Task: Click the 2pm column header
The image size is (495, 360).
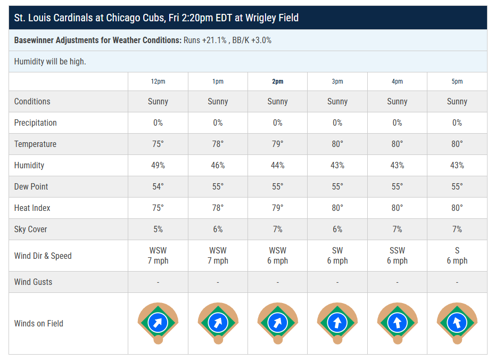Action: (x=277, y=81)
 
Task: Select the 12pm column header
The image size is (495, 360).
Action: (x=158, y=81)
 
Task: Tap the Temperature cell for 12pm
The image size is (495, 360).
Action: (x=158, y=144)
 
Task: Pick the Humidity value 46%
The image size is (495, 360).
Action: (x=218, y=165)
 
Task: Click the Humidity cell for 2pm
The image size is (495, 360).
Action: (x=277, y=165)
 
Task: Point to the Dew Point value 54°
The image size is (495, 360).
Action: (x=158, y=186)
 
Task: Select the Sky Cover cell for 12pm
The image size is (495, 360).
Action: (x=158, y=229)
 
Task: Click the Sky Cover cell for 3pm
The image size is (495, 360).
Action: (x=337, y=229)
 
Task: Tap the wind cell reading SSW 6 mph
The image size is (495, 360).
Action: (x=397, y=256)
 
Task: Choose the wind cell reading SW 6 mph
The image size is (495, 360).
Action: (x=337, y=256)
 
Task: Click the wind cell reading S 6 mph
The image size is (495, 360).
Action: (x=457, y=256)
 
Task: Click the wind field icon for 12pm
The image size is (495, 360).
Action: (x=158, y=322)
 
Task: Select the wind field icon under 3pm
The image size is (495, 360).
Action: (x=337, y=322)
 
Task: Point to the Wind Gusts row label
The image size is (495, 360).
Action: (x=33, y=282)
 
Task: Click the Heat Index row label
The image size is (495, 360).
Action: (x=32, y=208)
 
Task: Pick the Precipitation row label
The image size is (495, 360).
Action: (x=35, y=122)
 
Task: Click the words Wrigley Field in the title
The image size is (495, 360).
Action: (x=273, y=18)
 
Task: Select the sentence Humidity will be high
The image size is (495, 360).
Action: (x=50, y=61)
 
